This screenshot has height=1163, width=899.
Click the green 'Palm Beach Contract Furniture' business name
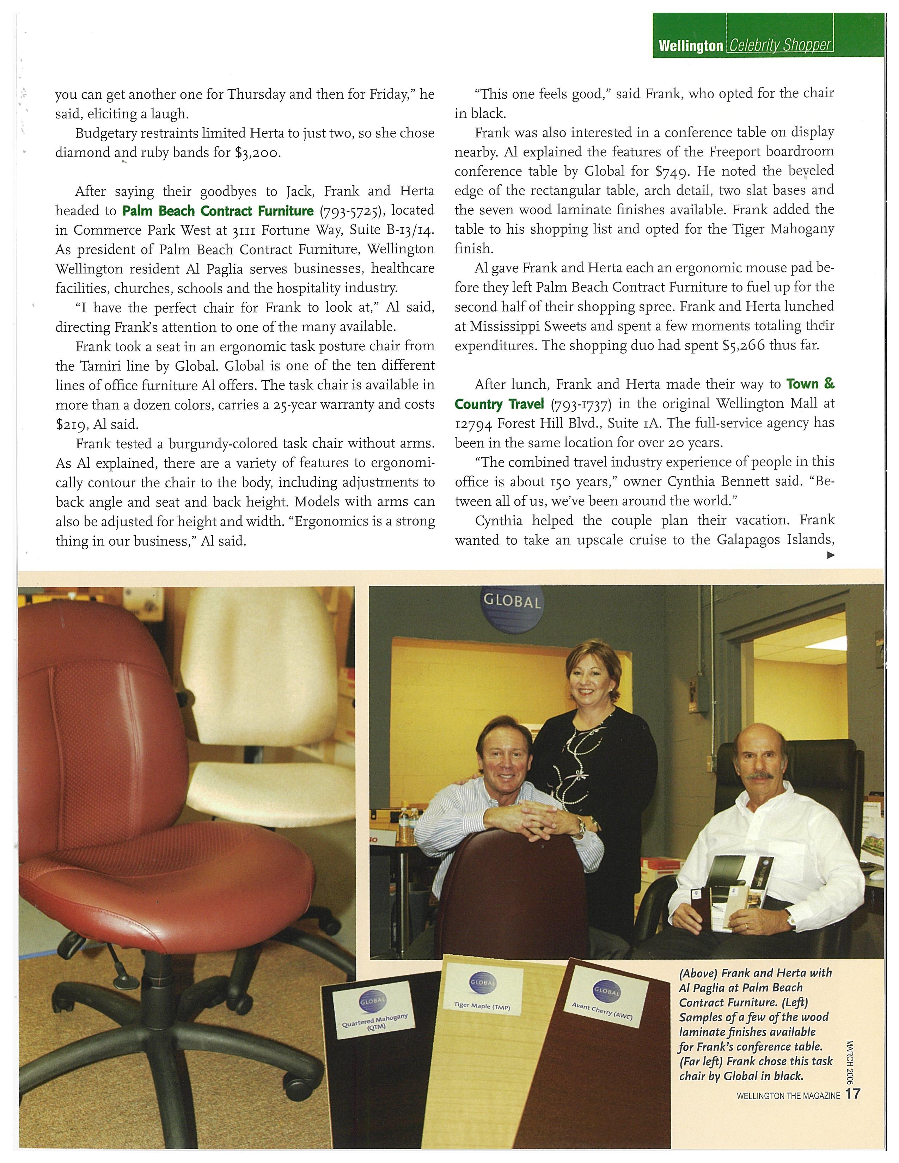(218, 211)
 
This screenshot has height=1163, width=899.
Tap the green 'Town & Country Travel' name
(644, 394)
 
